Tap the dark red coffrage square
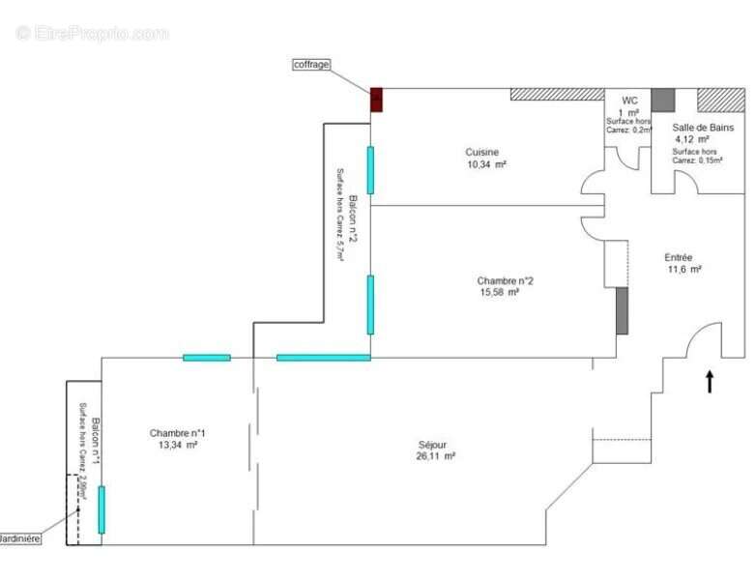pyautogui.click(x=377, y=99)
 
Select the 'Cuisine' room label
pyautogui.click(x=482, y=152)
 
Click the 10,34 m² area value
pyautogui.click(x=486, y=164)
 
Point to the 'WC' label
pyautogui.click(x=629, y=101)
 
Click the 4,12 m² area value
pyautogui.click(x=693, y=139)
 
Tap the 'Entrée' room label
pyautogui.click(x=678, y=257)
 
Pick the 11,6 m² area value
pyautogui.click(x=683, y=270)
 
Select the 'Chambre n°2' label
pyautogui.click(x=505, y=281)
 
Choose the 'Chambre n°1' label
pyautogui.click(x=177, y=432)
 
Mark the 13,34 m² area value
pyautogui.click(x=178, y=445)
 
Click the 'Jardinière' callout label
pyautogui.click(x=19, y=538)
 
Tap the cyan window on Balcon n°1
pyautogui.click(x=102, y=509)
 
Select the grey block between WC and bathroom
pyautogui.click(x=662, y=99)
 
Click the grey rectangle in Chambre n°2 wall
pyautogui.click(x=622, y=311)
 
